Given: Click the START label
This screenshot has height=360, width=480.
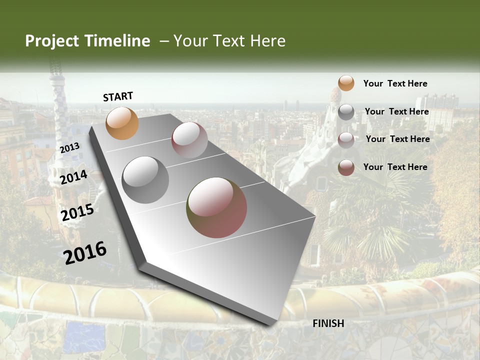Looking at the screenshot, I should coord(118,96).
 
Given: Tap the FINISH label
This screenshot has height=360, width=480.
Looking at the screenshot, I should coord(328,323).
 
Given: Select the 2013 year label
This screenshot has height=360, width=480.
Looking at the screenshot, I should coord(69,147).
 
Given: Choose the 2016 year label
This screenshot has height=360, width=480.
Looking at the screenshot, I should coord(85,253).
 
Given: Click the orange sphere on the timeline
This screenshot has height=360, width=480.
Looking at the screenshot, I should coord(122,123).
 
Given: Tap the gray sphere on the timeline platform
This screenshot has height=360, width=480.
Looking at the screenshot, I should coord(145,180).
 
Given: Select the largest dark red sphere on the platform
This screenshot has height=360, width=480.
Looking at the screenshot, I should coord(216,207).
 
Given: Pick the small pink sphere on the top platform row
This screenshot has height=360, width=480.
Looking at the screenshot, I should coord(189,140).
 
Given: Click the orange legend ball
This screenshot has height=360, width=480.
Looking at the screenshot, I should coord(346,83).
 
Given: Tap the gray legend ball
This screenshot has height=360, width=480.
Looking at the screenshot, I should coord(346,112).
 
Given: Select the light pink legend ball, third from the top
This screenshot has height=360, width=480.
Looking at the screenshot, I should coord(346,140).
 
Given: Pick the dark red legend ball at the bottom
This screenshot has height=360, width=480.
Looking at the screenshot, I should coord(346,167).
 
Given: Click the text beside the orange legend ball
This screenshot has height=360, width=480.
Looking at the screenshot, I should coord(395,84).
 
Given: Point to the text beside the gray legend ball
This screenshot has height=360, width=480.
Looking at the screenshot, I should coord(396,111).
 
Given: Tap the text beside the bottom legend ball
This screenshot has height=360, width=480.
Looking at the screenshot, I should coord(395,167).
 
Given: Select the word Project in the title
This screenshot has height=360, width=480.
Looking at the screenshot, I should coord(52,41).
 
